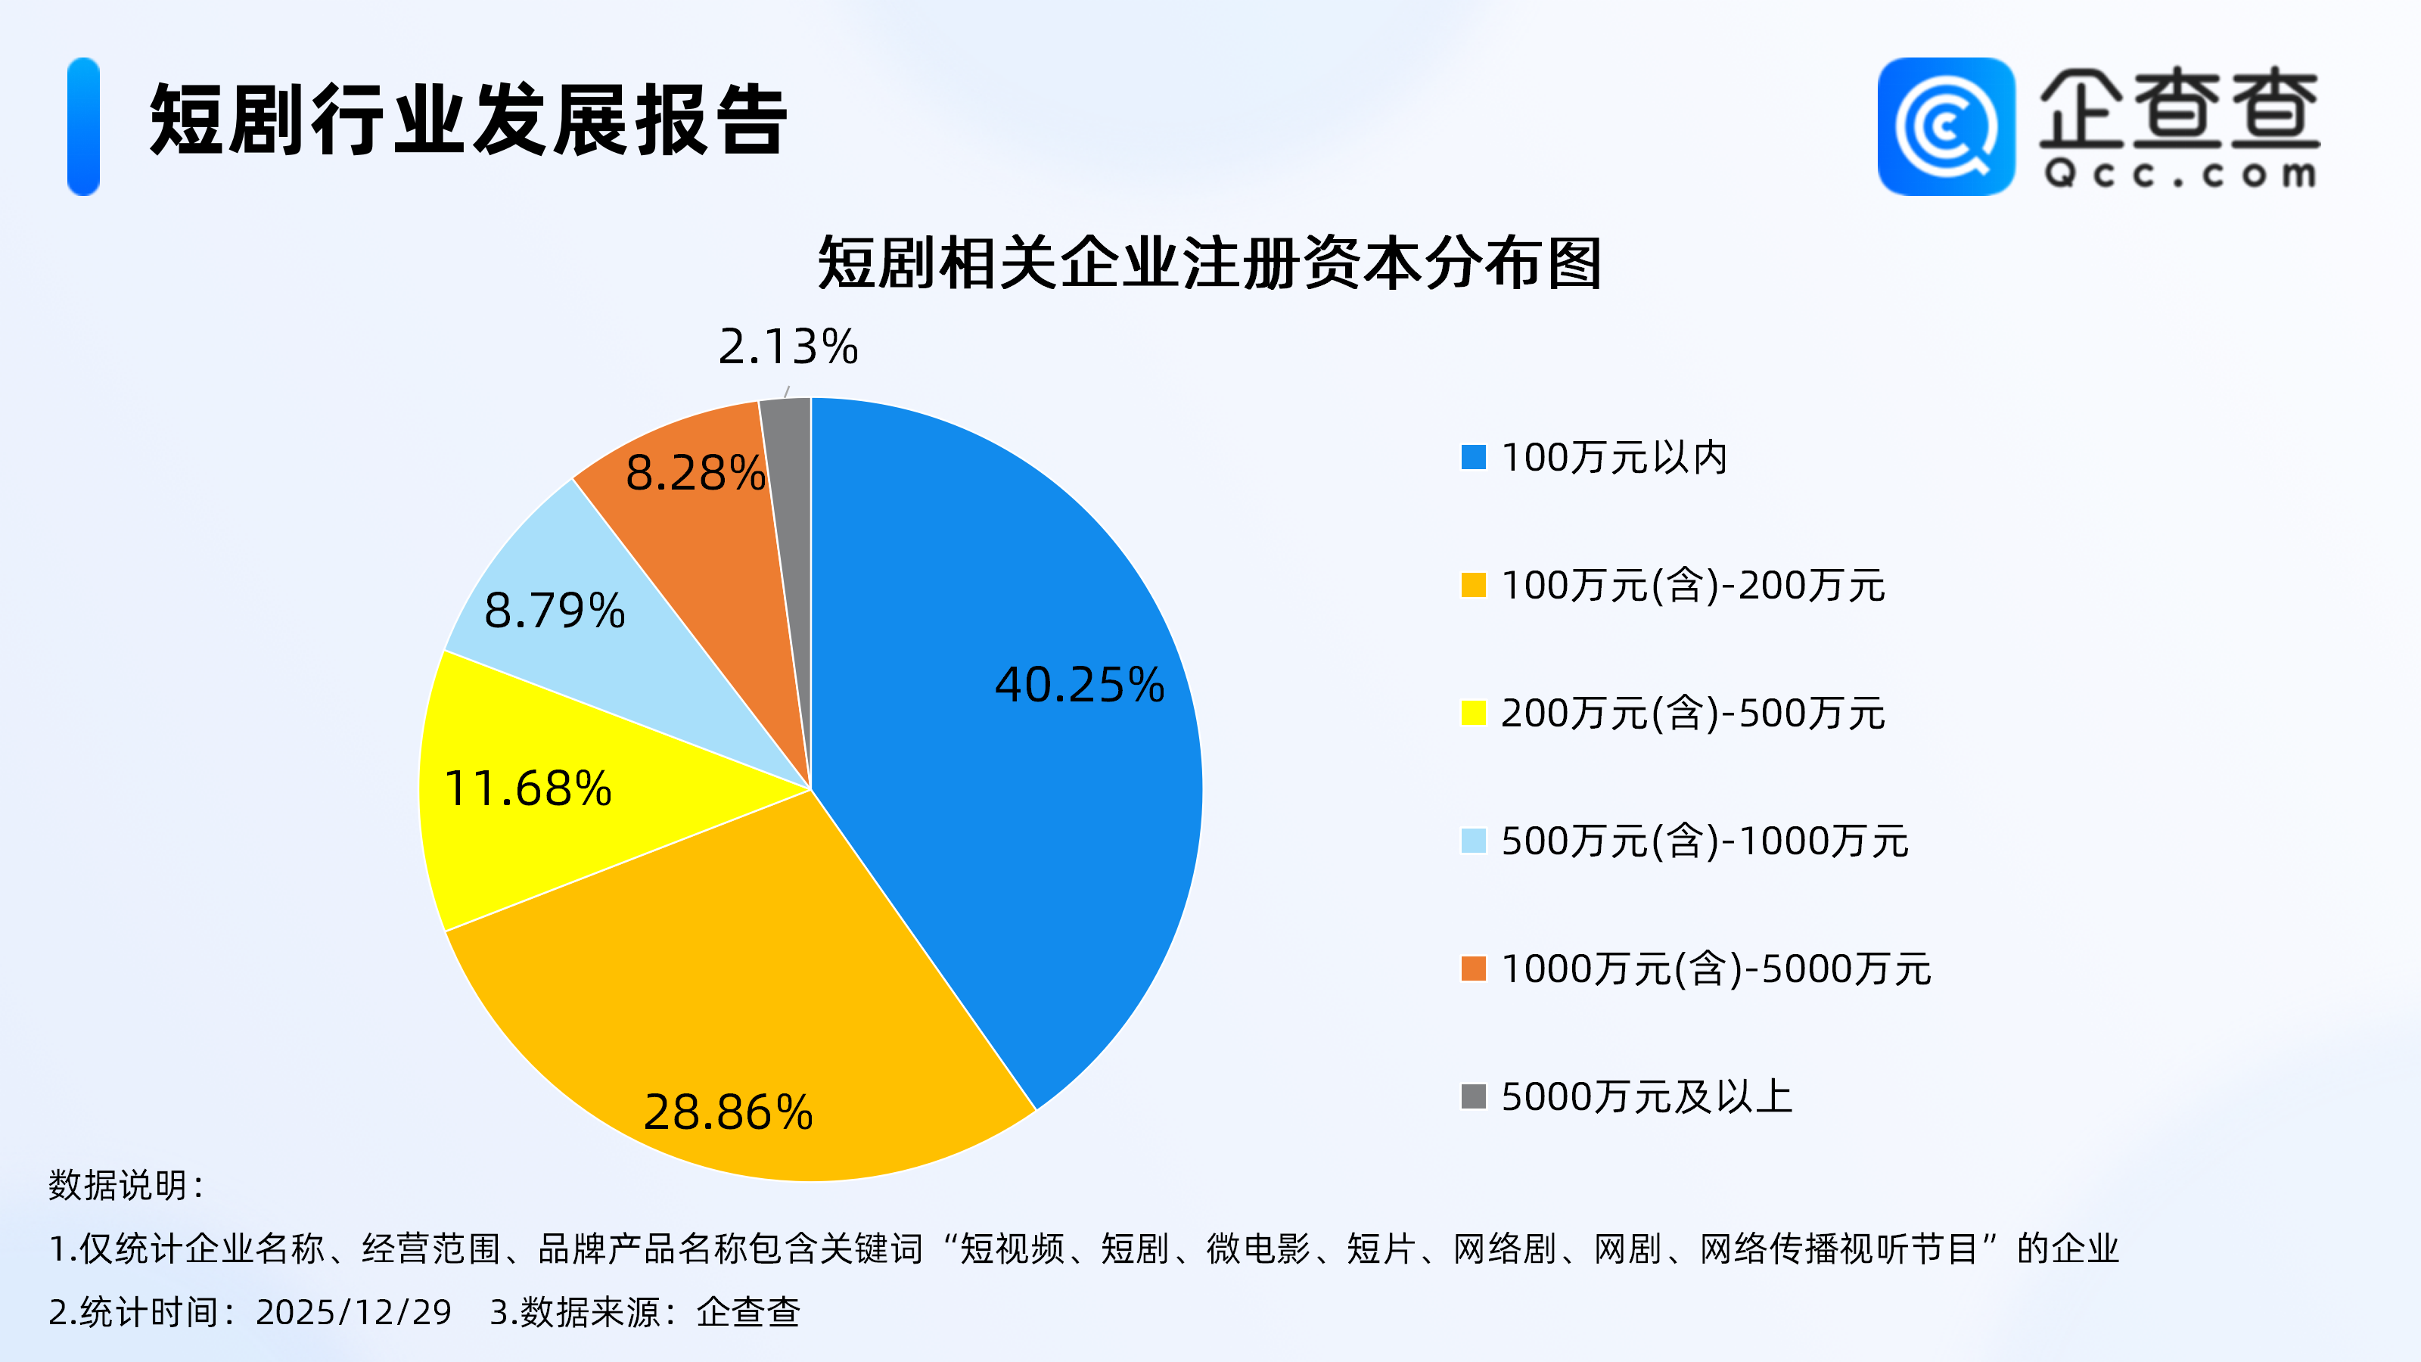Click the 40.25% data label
pos(1079,684)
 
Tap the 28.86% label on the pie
pos(729,1112)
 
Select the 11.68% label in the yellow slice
pos(527,788)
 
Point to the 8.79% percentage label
pos(555,610)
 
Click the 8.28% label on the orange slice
pos(695,472)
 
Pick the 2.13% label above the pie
pos(788,346)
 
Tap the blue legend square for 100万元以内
pos(1473,458)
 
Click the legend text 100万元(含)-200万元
pos(1692,586)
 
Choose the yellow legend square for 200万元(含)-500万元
pos(1473,714)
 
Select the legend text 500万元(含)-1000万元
pos(1704,841)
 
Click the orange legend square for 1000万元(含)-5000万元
pos(1473,969)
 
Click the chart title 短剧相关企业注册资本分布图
pos(1210,263)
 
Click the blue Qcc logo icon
pos(1945,127)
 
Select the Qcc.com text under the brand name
pos(2180,175)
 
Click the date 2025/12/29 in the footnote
pos(353,1312)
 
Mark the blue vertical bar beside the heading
pos(84,127)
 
